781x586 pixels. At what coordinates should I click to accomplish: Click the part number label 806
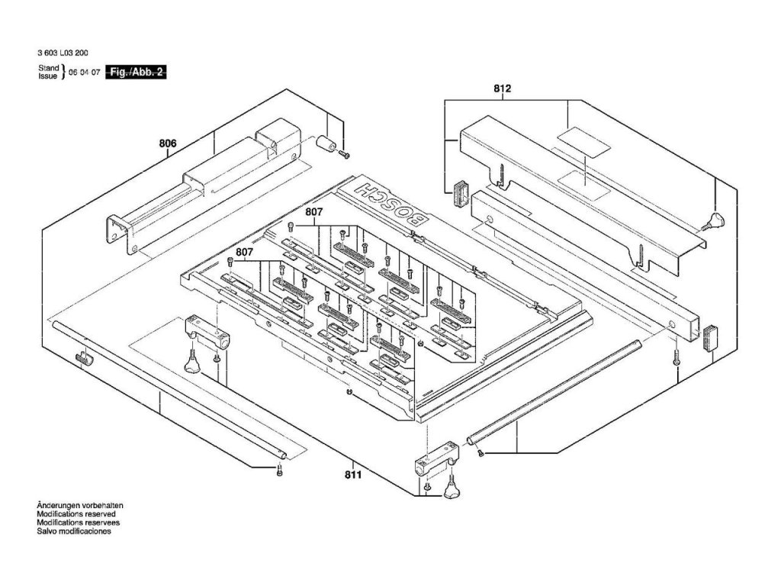pos(168,143)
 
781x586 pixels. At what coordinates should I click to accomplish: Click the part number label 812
pos(502,90)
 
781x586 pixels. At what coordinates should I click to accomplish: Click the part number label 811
pos(352,475)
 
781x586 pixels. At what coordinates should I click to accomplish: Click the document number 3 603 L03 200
pos(61,54)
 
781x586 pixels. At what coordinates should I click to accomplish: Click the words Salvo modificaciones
pos(73,531)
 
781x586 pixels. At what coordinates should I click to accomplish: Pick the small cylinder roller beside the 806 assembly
pos(326,143)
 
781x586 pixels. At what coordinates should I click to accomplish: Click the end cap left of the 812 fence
pos(460,192)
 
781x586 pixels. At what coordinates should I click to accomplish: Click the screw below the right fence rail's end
pos(677,359)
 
